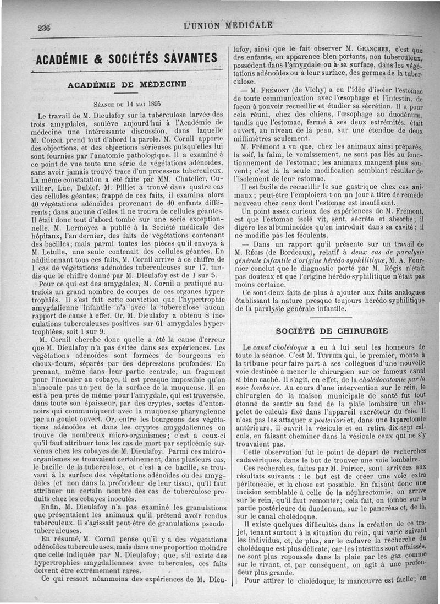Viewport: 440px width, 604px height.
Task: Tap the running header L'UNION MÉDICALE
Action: [x=229, y=25]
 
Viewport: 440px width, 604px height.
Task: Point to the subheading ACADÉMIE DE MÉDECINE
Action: [x=127, y=84]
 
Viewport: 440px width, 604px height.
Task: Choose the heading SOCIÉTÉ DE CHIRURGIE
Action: [x=332, y=331]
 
